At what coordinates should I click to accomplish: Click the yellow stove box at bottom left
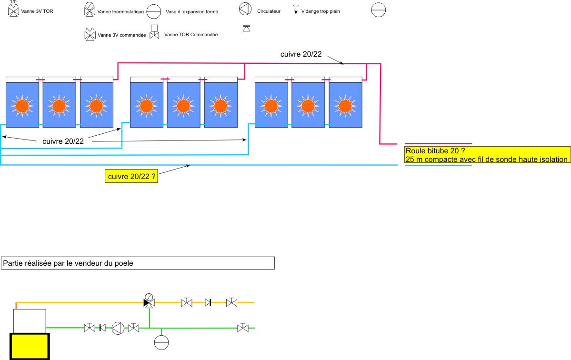tap(30, 346)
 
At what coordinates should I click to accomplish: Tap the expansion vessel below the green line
tap(162, 342)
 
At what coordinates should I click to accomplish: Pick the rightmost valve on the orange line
tap(232, 302)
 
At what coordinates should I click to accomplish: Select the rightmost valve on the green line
tap(243, 328)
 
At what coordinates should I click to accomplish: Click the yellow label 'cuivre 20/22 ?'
tap(131, 177)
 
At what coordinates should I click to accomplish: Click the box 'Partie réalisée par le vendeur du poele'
tap(138, 263)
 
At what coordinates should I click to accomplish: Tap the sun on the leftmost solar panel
tap(21, 105)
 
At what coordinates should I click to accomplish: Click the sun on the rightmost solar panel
tap(345, 105)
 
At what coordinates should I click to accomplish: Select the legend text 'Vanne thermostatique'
tap(120, 12)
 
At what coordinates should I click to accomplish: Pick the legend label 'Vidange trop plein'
tap(321, 10)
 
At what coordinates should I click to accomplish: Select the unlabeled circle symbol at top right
tap(379, 10)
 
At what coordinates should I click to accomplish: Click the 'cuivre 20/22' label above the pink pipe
tap(301, 54)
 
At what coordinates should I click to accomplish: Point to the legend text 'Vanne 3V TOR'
tap(37, 10)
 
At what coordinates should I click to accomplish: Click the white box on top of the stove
tap(30, 321)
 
